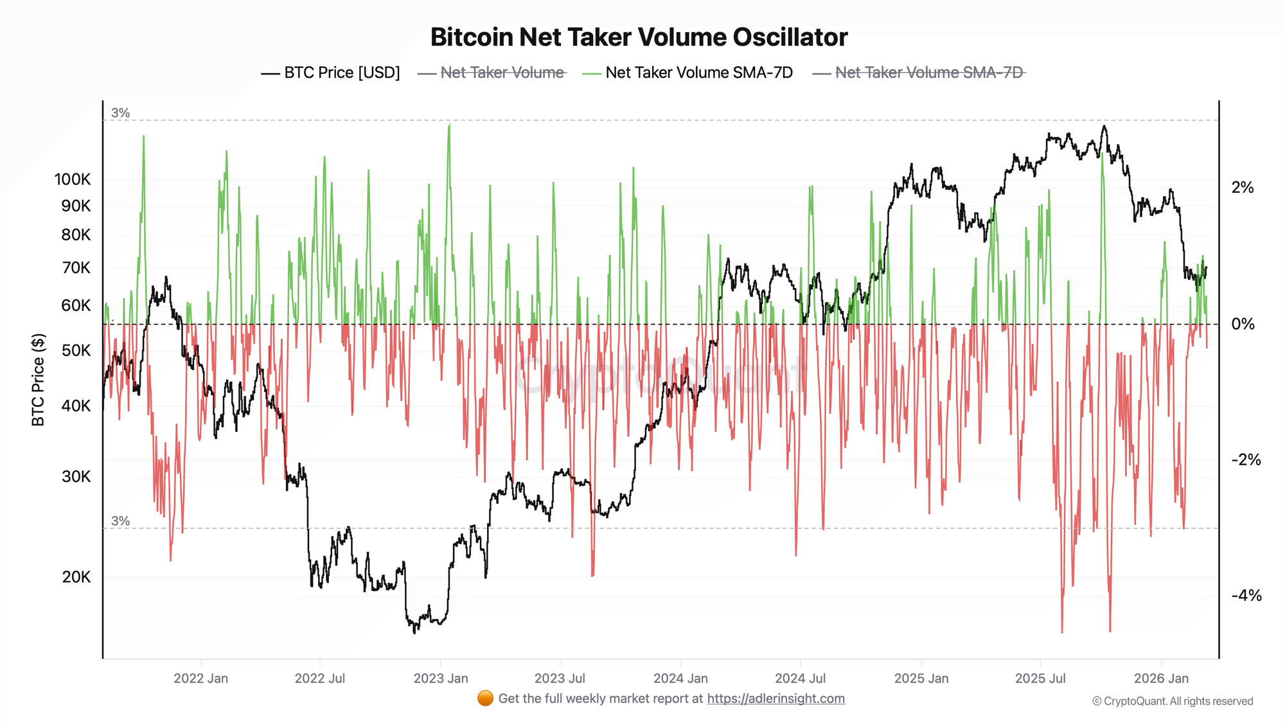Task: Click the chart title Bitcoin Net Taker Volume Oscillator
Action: pos(639,37)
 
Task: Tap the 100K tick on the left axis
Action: pos(73,179)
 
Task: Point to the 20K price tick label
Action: pos(76,577)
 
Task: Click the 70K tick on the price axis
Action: pos(76,268)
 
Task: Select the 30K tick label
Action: pos(76,477)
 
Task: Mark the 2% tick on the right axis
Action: pos(1243,188)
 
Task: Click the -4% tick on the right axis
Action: pos(1246,596)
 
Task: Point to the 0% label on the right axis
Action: pos(1243,324)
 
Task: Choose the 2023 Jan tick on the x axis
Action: pos(441,679)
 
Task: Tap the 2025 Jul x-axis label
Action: pos(1040,679)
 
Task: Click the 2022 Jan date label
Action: pos(200,679)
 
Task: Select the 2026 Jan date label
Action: pos(1161,679)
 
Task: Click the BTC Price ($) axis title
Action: pos(39,380)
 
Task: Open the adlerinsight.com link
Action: pos(775,699)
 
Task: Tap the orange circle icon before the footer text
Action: pos(486,699)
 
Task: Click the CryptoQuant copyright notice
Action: pos(1173,701)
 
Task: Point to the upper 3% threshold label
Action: pos(120,113)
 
